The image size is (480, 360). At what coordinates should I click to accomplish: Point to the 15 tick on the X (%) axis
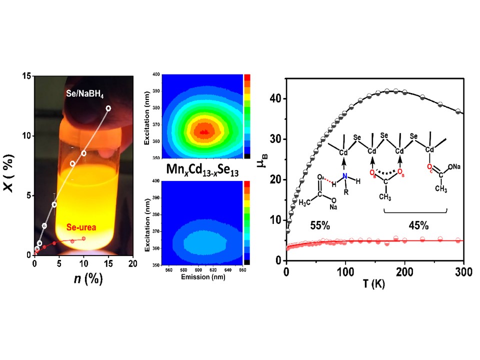24,76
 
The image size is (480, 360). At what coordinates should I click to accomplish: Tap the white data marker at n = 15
108,108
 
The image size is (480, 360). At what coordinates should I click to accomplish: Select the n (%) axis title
83,278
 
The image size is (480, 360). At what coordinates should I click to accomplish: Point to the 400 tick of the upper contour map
156,75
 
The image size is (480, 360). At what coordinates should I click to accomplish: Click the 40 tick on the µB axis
275,98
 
